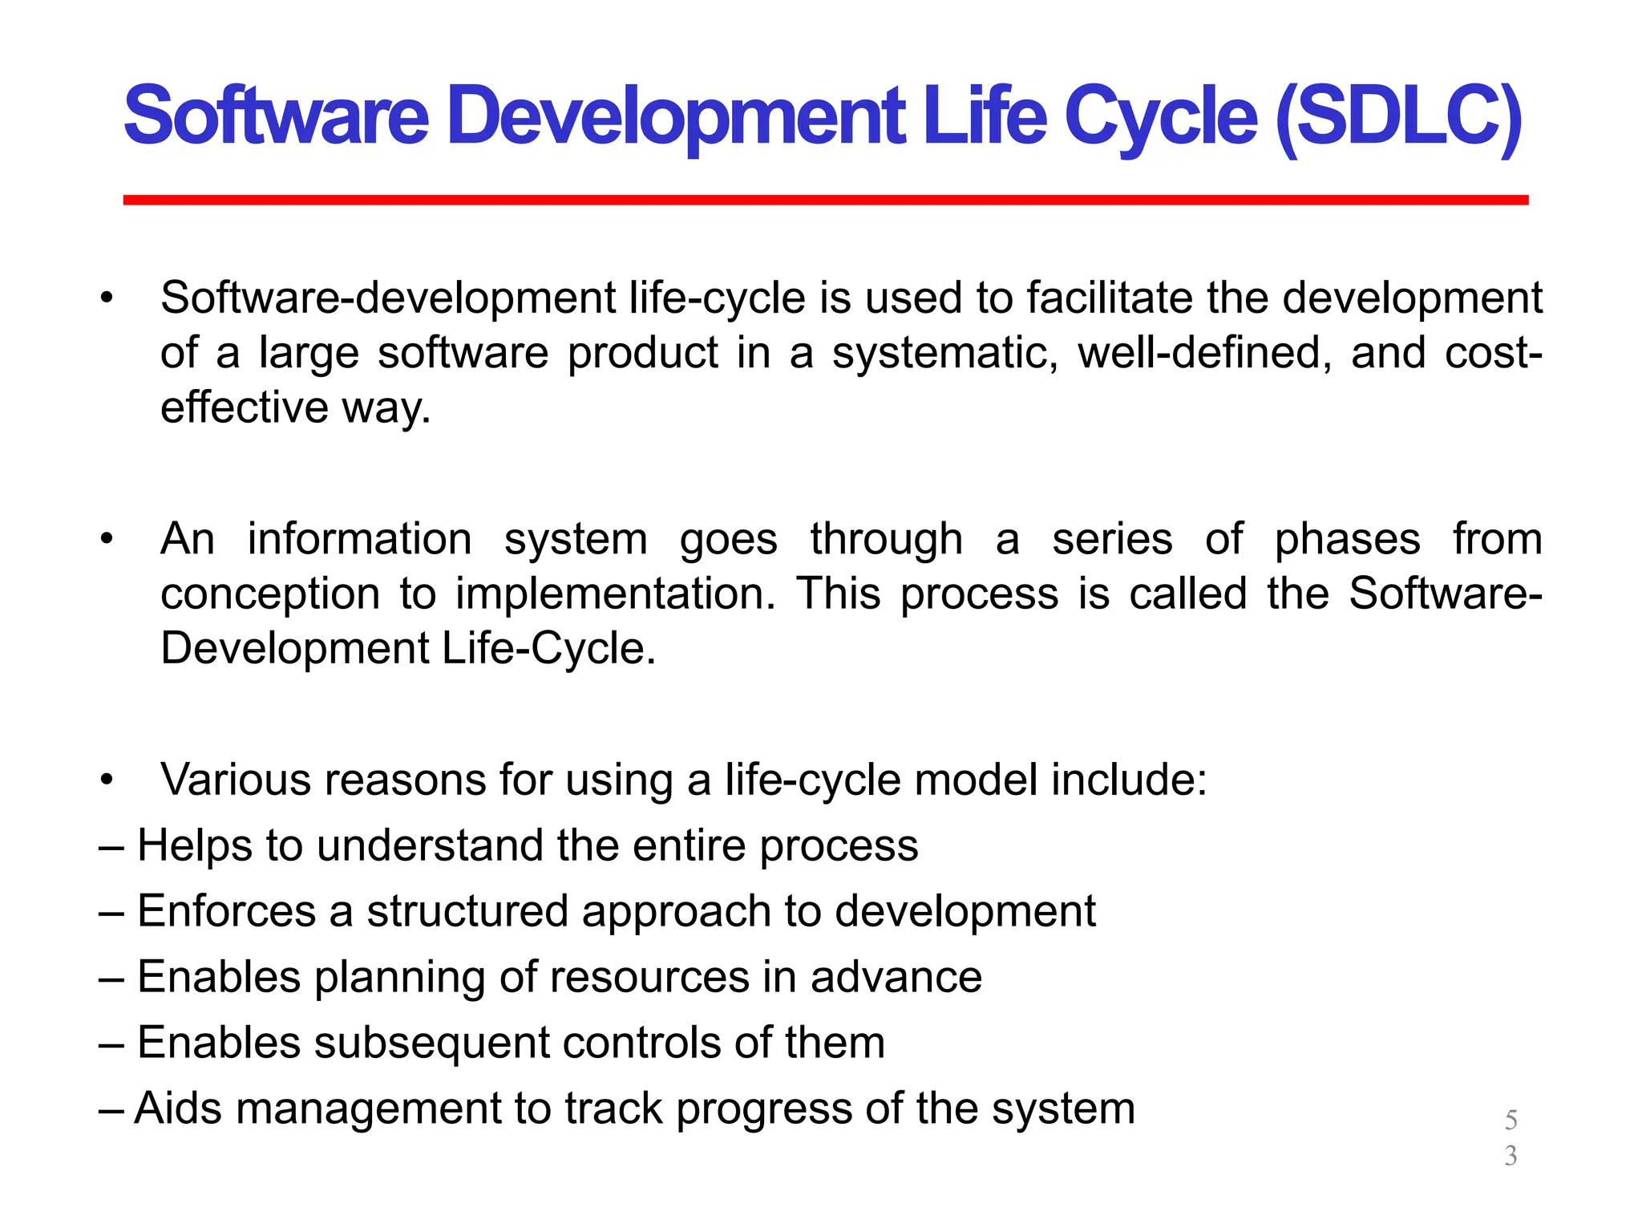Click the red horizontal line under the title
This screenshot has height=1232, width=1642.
pos(826,200)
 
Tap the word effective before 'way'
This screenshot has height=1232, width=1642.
pos(244,407)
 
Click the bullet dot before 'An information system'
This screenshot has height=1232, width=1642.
pos(107,539)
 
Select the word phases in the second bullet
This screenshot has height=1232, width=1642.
pos(1347,539)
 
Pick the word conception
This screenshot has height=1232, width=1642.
pos(270,594)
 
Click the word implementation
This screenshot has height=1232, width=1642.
pos(615,594)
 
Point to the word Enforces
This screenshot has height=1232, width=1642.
pos(226,911)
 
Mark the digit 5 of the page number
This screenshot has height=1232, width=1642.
pos(1511,1120)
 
